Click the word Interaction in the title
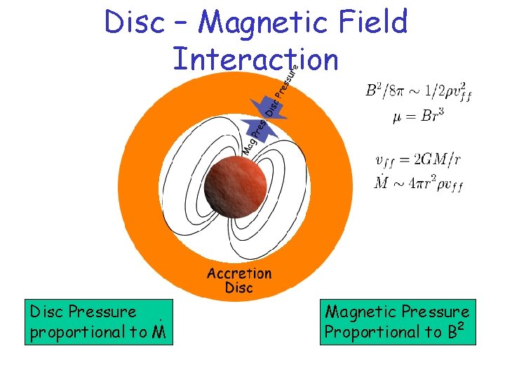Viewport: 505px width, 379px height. [255, 59]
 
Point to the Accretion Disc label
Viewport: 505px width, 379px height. [238, 281]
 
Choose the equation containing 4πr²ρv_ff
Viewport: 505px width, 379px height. [419, 184]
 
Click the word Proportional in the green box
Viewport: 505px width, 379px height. [371, 332]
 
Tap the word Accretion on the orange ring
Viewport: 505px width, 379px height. [238, 273]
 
